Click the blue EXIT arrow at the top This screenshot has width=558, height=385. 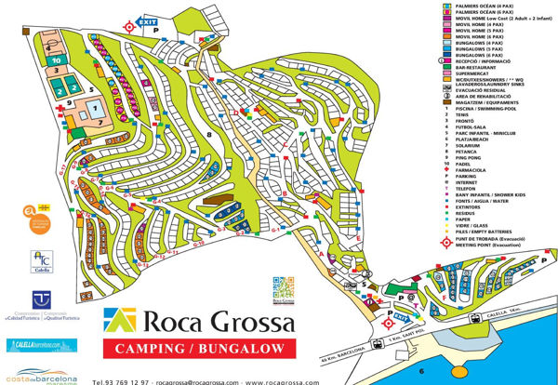coord(145,21)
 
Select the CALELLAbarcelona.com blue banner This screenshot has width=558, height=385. coord(40,344)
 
